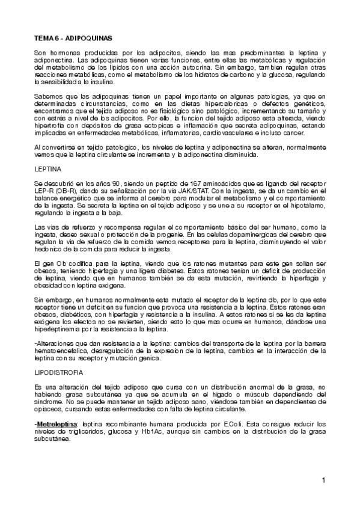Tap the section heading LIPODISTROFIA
(59, 373)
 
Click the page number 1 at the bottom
(323, 481)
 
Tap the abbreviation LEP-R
(44, 192)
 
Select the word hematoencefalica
(62, 351)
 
